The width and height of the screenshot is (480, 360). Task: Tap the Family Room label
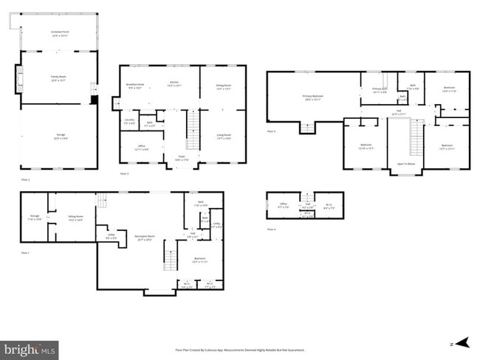pyautogui.click(x=58, y=80)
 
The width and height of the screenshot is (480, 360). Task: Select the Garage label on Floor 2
pyautogui.click(x=58, y=136)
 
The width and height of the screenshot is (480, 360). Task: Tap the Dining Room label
pyautogui.click(x=224, y=86)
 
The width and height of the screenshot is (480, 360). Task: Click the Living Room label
pyautogui.click(x=224, y=136)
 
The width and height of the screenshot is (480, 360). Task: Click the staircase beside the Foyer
pyautogui.click(x=193, y=130)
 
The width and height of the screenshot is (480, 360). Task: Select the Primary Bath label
pyautogui.click(x=379, y=91)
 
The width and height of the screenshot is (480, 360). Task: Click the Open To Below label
pyautogui.click(x=405, y=163)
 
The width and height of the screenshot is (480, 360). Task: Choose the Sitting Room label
pyautogui.click(x=75, y=218)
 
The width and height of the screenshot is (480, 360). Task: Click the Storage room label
pyautogui.click(x=34, y=217)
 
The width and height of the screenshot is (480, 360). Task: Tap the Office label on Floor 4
pyautogui.click(x=283, y=206)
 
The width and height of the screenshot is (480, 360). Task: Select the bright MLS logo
pyautogui.click(x=30, y=347)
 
